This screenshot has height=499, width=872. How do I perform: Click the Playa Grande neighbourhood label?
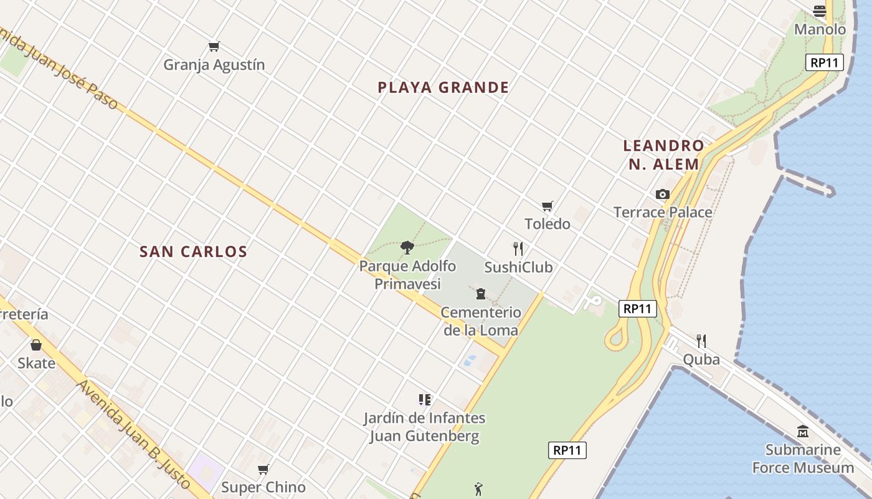click(443, 87)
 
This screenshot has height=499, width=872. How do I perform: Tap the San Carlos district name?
click(193, 251)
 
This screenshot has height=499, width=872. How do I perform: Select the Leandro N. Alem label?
click(663, 155)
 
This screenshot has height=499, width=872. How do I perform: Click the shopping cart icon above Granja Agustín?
click(214, 46)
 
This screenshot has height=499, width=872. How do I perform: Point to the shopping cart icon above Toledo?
click(547, 206)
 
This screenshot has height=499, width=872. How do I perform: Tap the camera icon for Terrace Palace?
click(663, 195)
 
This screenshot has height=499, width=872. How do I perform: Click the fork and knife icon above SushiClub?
click(518, 249)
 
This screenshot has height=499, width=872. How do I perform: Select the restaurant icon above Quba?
click(701, 341)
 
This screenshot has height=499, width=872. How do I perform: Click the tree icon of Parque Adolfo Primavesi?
click(407, 248)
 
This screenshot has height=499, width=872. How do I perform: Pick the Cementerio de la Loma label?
click(481, 321)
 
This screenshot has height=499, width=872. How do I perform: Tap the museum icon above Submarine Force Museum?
click(803, 431)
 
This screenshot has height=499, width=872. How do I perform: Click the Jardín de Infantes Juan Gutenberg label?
click(425, 427)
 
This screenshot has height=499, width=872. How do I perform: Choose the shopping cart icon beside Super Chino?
click(263, 469)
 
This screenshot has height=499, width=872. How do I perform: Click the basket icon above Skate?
click(36, 345)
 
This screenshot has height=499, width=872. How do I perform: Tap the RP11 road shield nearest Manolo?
click(825, 62)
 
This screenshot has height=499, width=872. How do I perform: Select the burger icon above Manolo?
click(820, 11)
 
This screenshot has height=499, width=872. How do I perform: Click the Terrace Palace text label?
click(663, 212)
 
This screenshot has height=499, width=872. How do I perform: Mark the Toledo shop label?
click(547, 224)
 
